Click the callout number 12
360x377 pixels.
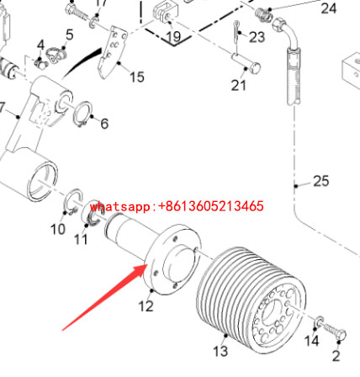[146, 306]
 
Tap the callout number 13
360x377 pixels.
[220, 351]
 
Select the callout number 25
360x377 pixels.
[320, 181]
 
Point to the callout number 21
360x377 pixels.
[238, 85]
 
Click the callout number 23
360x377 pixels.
[257, 37]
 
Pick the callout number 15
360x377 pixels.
[137, 77]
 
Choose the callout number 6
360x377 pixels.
[104, 124]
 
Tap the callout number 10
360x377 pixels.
[58, 230]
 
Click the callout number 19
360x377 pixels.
[173, 36]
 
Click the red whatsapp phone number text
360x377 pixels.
[177, 206]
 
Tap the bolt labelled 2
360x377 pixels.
[335, 332]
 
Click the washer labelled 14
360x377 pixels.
[319, 321]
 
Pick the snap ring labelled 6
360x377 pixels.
[82, 114]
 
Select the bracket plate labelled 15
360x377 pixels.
[112, 52]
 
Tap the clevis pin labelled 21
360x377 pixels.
[246, 63]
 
